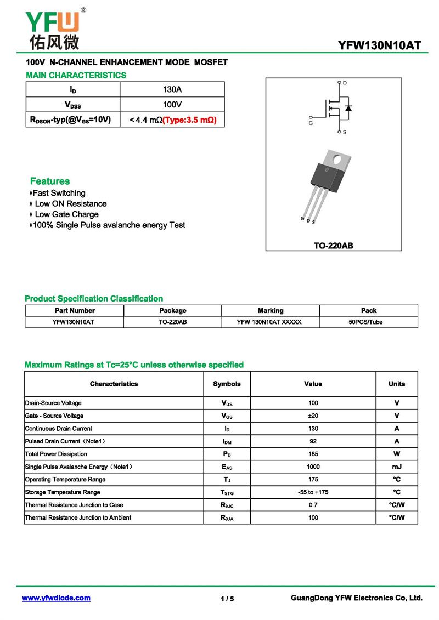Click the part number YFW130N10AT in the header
(380, 45)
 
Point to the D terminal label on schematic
(345, 83)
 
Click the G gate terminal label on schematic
(311, 123)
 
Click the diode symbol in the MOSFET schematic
(348, 108)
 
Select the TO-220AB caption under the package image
(333, 246)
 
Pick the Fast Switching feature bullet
(59, 193)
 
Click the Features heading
(50, 181)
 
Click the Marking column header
(271, 310)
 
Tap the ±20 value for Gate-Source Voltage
(313, 416)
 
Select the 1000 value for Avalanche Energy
(313, 467)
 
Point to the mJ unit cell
(397, 467)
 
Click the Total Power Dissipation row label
(56, 454)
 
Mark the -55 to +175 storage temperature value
(313, 492)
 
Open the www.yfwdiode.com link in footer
(56, 598)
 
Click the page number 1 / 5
(227, 599)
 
